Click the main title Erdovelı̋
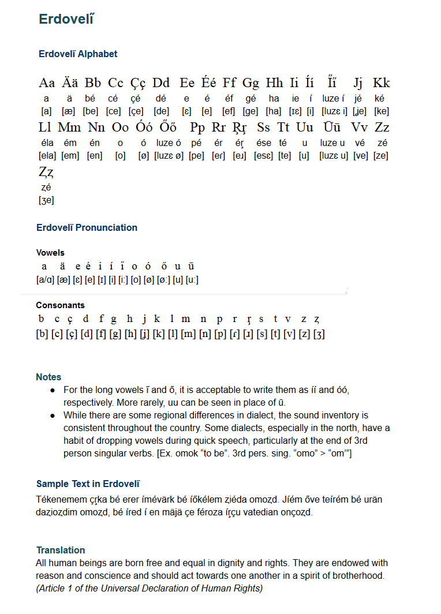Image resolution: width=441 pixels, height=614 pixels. coord(66,19)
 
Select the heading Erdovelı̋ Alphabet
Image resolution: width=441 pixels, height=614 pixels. coord(78,54)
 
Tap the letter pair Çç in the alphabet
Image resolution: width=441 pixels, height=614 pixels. coord(138,83)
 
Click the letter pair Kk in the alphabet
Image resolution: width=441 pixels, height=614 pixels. coord(382,83)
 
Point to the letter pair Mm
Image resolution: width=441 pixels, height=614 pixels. coord(70,128)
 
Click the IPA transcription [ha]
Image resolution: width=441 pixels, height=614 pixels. coord(274,111)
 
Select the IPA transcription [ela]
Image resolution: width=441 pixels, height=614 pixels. coord(47,156)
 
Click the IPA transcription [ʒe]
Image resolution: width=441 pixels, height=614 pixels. coord(46,201)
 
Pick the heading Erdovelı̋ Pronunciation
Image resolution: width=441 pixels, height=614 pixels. coord(87,227)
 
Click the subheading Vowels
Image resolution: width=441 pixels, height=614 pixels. coord(50,253)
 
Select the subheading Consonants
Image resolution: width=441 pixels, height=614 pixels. coord(60,305)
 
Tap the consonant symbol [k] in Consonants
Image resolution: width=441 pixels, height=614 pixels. coord(159,334)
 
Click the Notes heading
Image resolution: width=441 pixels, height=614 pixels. coord(48,377)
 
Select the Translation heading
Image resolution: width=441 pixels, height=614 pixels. coord(61,550)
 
